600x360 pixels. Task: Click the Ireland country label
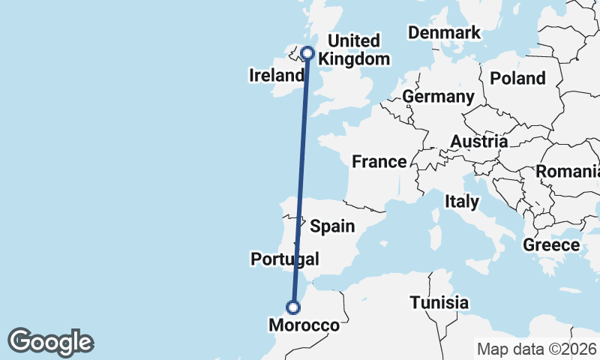click(277, 76)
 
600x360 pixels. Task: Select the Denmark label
click(443, 32)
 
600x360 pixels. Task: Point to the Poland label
click(517, 78)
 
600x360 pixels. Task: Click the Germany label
click(438, 97)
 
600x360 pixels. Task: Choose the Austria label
click(478, 141)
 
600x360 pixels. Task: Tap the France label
click(379, 161)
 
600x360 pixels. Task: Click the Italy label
click(461, 201)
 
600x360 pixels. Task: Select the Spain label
click(332, 226)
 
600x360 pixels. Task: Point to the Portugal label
click(284, 259)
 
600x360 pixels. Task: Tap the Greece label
click(551, 244)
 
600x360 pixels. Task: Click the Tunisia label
click(439, 303)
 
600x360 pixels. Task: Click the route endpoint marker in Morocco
click(293, 307)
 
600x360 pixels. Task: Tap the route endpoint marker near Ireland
click(307, 52)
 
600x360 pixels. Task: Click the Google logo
click(50, 342)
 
